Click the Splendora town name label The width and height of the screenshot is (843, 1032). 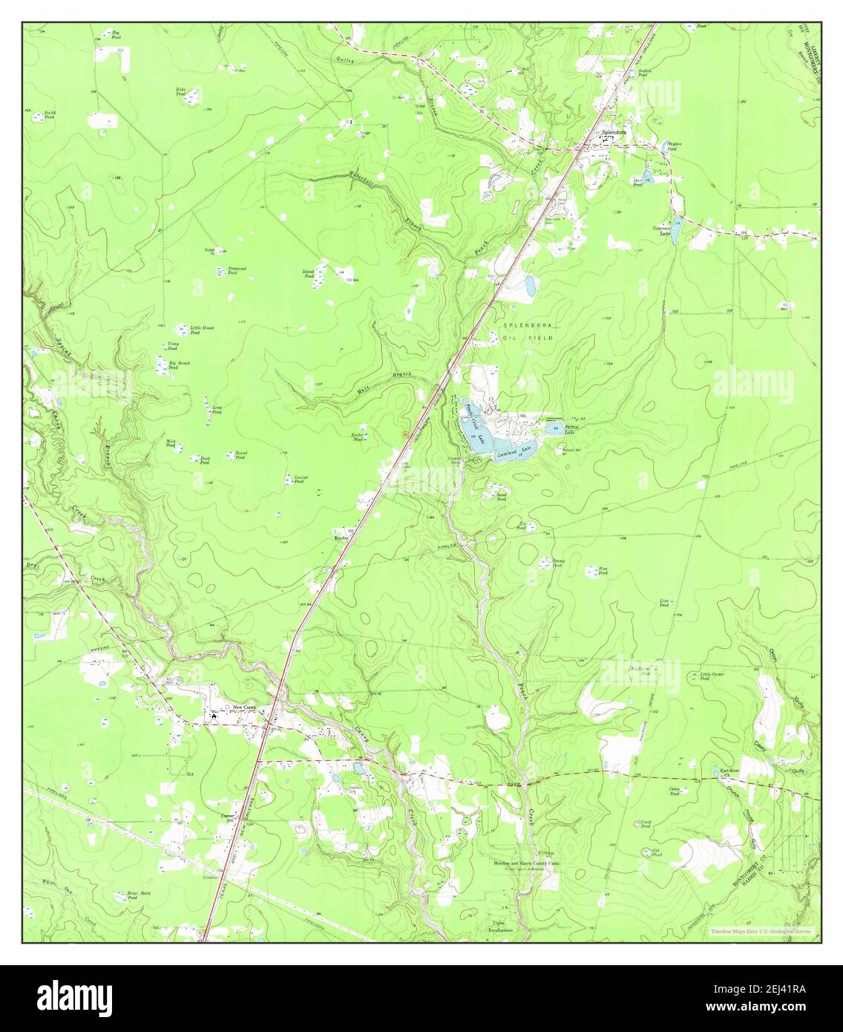point(614,134)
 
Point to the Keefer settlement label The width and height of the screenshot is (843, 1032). point(341,535)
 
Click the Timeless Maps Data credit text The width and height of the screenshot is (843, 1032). point(760,931)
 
